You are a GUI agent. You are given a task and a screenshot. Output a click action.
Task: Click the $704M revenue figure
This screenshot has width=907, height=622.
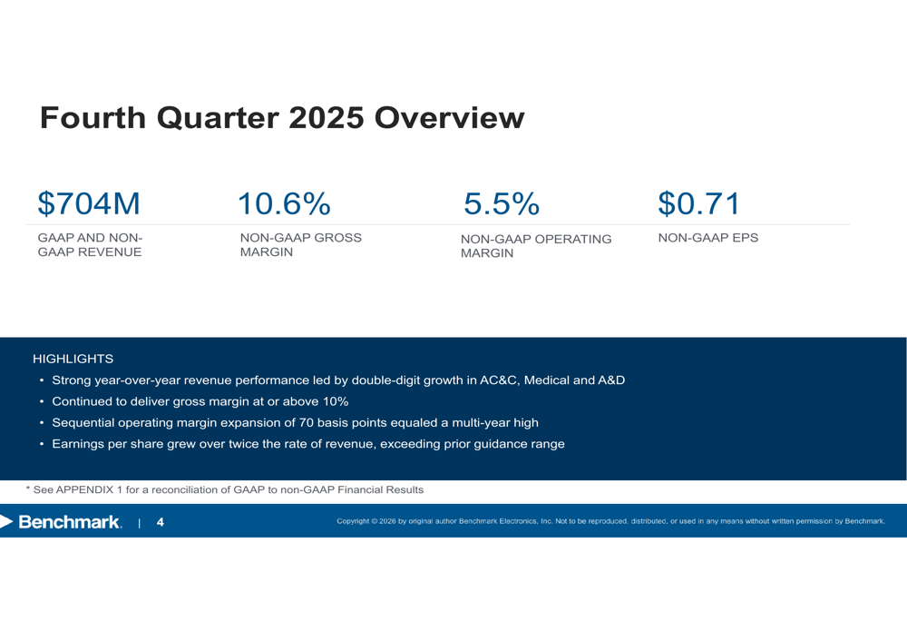coord(89,204)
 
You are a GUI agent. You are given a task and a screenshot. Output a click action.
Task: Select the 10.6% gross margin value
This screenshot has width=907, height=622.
coord(283,204)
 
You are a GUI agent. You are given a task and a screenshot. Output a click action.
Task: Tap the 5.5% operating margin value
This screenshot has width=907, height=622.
coord(501,204)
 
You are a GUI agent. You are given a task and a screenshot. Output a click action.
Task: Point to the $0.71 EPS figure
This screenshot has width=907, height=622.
coord(699,204)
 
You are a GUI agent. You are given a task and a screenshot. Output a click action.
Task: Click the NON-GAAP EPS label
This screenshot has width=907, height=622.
coord(707,238)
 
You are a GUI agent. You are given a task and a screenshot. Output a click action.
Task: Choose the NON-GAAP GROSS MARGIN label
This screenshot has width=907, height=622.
coord(300,245)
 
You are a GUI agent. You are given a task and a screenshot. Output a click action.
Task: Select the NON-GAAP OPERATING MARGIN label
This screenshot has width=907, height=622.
coord(536,246)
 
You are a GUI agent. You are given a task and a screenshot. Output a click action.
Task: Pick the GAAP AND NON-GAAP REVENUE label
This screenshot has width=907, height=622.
coord(90,245)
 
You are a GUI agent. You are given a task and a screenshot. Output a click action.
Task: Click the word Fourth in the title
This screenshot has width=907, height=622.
coord(93,118)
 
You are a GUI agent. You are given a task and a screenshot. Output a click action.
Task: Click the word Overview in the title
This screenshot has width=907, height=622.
coord(449,118)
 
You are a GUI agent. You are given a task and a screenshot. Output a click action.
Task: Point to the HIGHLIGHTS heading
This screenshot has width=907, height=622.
coord(73,360)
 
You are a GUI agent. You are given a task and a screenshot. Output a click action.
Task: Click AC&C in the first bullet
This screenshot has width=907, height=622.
coord(497,380)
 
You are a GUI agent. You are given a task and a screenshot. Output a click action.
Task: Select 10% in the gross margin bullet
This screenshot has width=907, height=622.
coord(336,401)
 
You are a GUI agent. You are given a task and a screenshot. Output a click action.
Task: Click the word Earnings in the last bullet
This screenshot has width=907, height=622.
coord(80,444)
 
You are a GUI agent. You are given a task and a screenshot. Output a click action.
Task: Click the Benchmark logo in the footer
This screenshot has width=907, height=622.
coord(62,522)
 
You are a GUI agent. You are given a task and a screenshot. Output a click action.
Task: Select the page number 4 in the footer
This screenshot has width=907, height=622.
coord(161,522)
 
